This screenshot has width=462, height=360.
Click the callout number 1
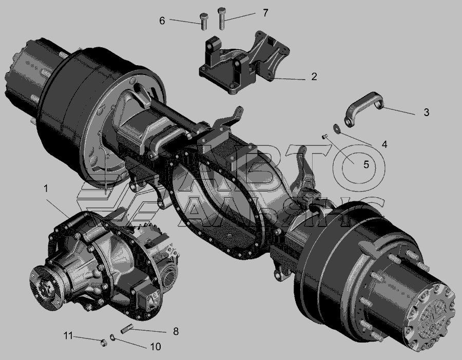(46, 188)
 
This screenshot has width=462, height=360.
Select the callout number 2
(314, 77)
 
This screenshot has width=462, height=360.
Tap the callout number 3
(427, 112)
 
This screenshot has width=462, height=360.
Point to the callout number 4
(384, 144)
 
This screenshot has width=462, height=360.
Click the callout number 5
(366, 164)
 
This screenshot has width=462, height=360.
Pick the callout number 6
(162, 21)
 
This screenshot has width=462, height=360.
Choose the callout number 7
(265, 13)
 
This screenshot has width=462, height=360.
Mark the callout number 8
(176, 331)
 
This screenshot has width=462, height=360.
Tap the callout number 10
(155, 347)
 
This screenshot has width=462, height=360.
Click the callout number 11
(68, 335)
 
